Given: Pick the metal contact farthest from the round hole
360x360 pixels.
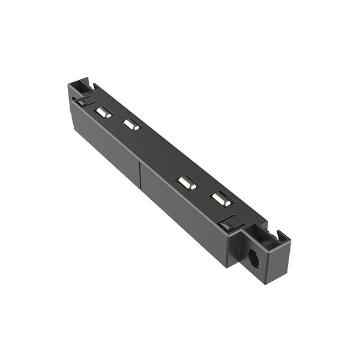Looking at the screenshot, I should pos(104,113).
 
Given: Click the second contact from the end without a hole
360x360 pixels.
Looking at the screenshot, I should pos(131,125).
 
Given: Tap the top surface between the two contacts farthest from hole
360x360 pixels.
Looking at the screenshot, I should pos(118,119).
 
